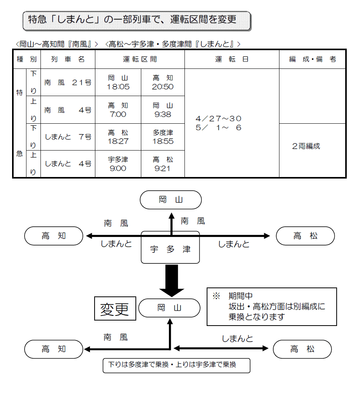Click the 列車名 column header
68,60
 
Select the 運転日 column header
232,60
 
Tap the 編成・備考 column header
312,60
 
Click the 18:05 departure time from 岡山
118,87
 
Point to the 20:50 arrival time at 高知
163,87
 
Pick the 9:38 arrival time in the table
163,114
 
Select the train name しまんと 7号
68,137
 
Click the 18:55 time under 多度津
163,142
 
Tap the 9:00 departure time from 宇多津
118,168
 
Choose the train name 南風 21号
68,82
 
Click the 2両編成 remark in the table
306,146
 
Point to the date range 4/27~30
219,118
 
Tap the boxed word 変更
115,309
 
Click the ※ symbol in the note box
216,296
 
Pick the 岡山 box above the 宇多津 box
170,200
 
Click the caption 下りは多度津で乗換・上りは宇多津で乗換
176,365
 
